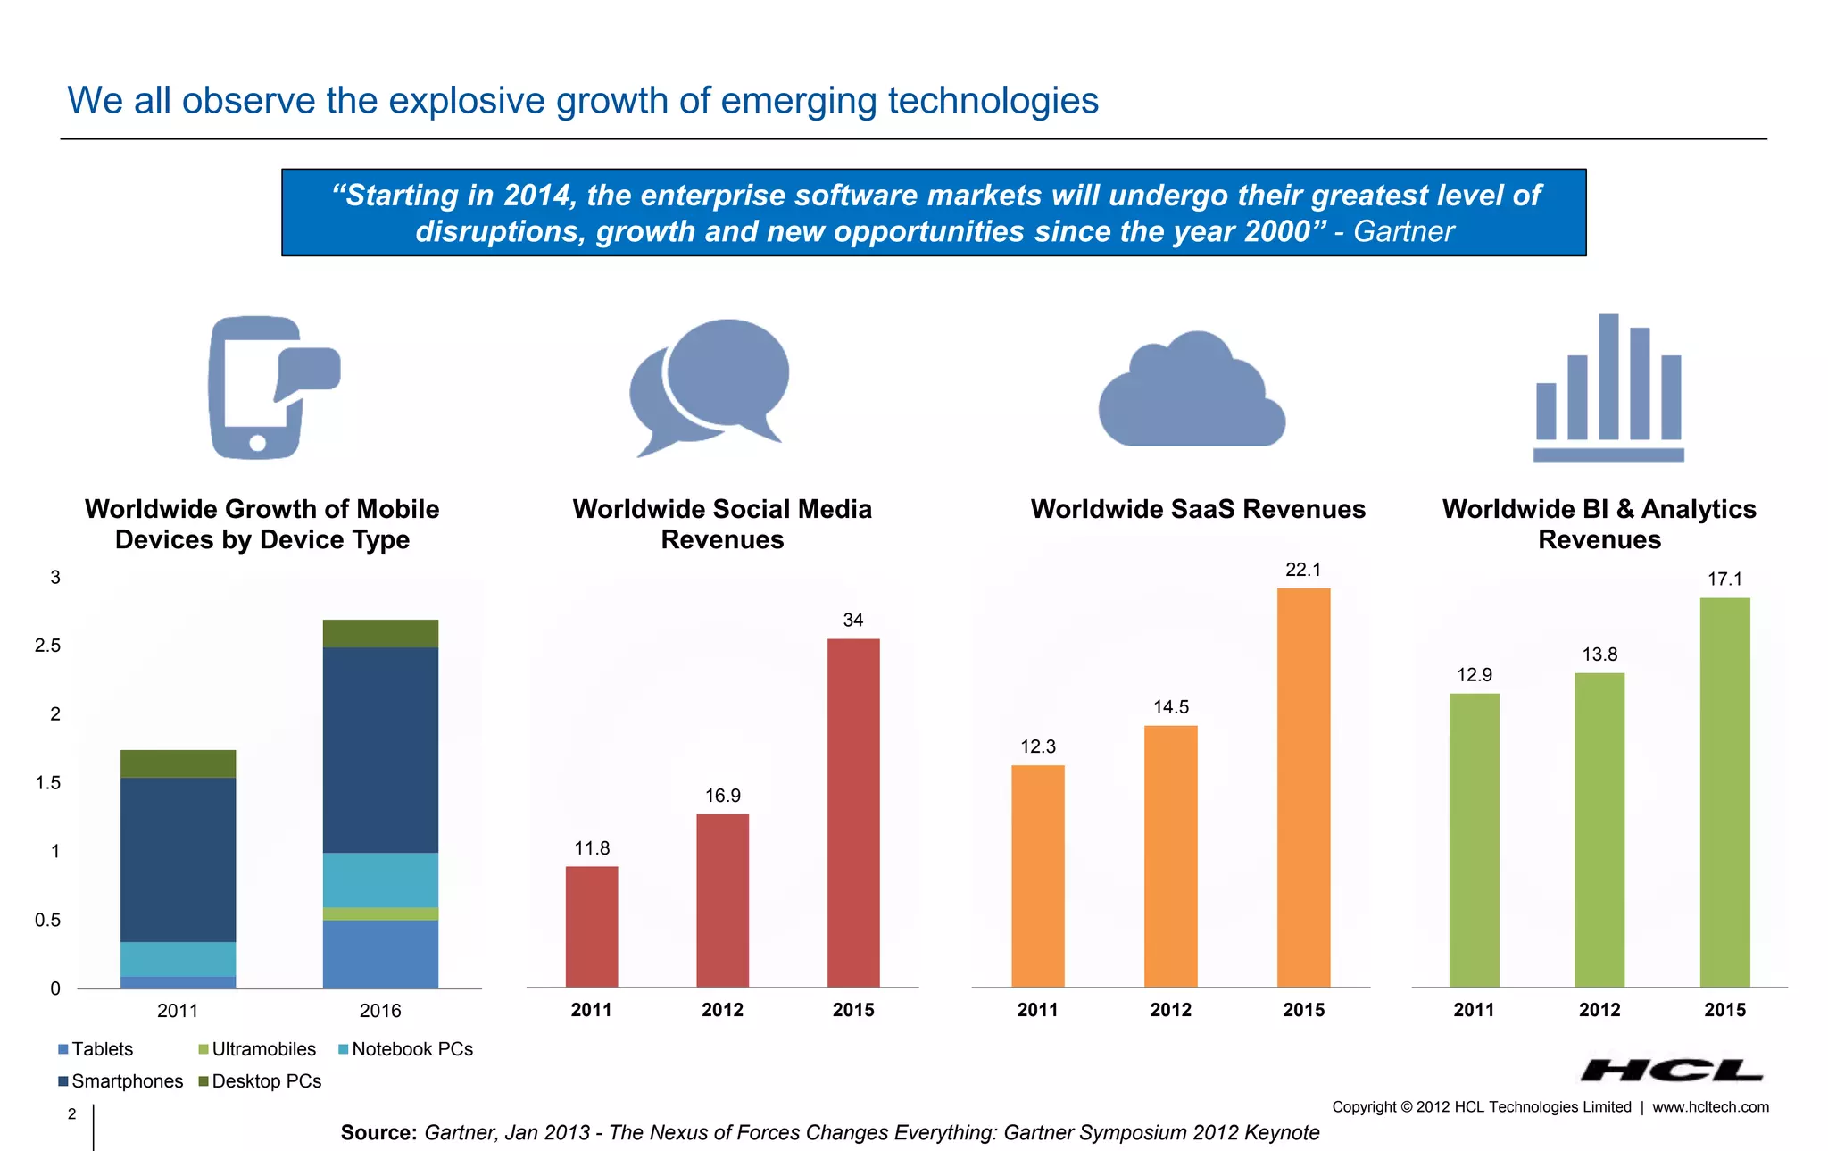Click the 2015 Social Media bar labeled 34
[853, 813]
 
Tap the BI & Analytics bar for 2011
[1474, 839]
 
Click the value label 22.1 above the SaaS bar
[1303, 570]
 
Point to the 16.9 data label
[723, 796]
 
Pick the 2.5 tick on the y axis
[48, 646]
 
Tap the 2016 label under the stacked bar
[380, 1011]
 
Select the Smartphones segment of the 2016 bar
[380, 750]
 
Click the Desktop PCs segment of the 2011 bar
[179, 763]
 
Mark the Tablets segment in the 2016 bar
[380, 954]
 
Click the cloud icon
[1192, 393]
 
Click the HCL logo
[1671, 1070]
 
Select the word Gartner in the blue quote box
[1403, 231]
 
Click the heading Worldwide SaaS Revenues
[1198, 509]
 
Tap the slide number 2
[72, 1113]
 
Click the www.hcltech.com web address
[1710, 1107]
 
